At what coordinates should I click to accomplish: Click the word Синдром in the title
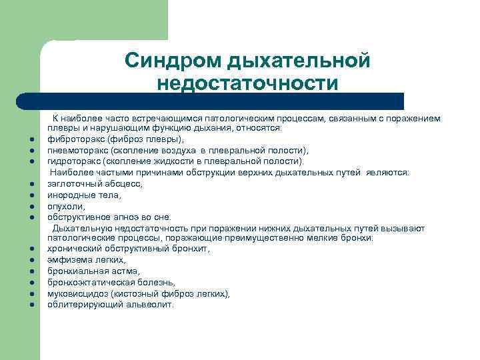174,61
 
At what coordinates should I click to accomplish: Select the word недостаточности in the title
248,84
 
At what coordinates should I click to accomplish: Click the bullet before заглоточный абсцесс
31,183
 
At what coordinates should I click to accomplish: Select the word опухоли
66,206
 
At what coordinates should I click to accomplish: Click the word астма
124,271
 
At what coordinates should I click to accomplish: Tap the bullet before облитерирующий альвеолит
31,305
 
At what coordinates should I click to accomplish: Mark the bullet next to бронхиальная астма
31,271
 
